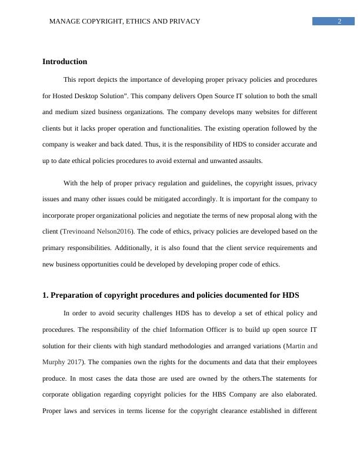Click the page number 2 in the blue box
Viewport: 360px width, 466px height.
click(339, 22)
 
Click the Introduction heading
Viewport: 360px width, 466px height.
click(65, 62)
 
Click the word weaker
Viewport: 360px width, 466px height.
click(86, 145)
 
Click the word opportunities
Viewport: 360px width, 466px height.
click(98, 265)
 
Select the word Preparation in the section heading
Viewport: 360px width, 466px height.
click(75, 295)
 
